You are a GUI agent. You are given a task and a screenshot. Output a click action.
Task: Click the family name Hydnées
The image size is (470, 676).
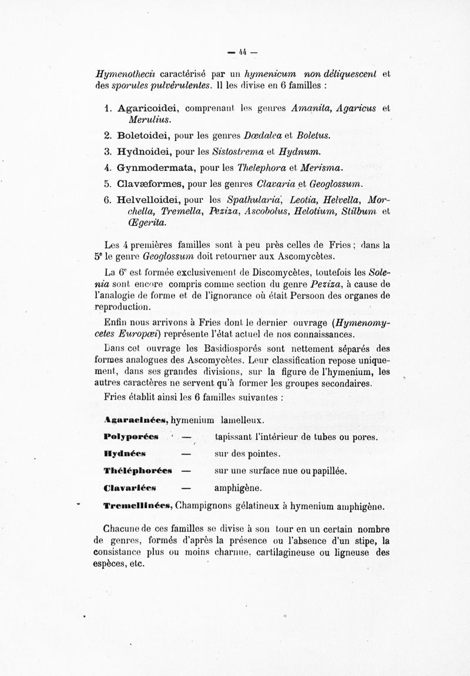click(121, 454)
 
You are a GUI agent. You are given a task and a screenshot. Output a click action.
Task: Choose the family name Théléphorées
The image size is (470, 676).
click(137, 471)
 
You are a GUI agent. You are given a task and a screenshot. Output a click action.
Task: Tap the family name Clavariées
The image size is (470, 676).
click(128, 488)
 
